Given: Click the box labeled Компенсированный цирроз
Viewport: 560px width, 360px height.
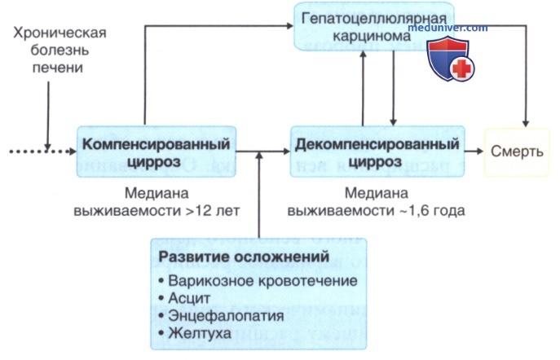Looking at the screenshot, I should (x=157, y=151).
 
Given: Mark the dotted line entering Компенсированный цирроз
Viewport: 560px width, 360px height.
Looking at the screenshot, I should (x=41, y=151).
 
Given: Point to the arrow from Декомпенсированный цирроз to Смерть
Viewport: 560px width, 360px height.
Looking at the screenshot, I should (x=474, y=151).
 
